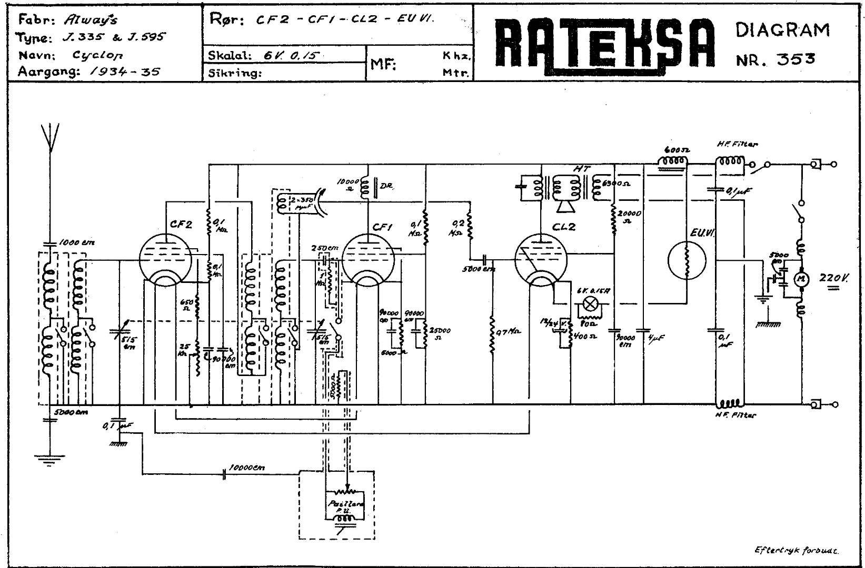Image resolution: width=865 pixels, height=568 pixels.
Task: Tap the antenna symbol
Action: (x=50, y=137)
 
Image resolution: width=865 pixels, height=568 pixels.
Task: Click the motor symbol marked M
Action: (x=802, y=279)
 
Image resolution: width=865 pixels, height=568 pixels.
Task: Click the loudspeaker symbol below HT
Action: (x=566, y=207)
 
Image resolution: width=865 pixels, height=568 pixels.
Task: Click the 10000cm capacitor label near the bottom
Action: (x=247, y=468)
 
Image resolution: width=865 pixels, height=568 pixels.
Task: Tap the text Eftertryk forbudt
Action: (x=797, y=550)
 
